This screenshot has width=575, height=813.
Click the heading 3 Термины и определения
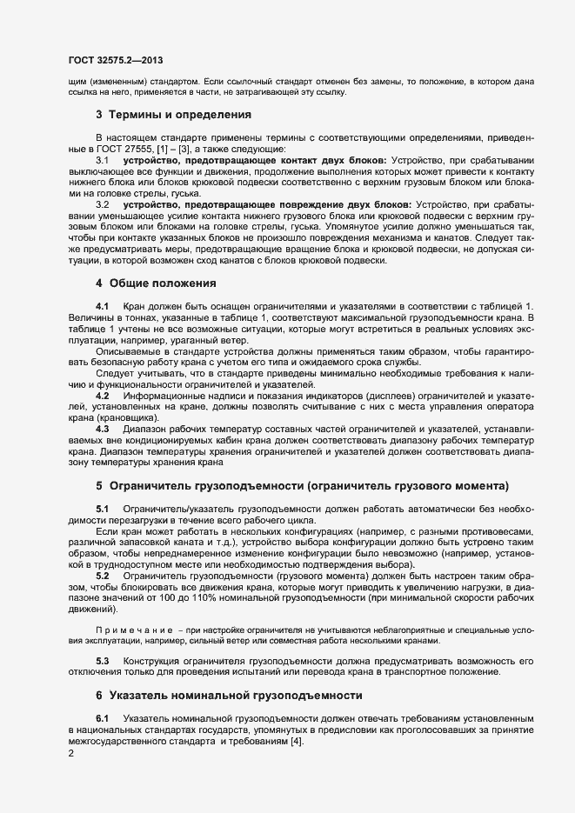[174, 114]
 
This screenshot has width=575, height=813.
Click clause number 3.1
[101, 162]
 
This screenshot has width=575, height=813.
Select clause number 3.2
[101, 204]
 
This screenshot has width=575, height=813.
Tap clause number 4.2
[101, 395]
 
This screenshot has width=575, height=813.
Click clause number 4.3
[101, 429]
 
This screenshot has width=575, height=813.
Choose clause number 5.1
[101, 508]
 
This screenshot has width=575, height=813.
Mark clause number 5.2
[101, 576]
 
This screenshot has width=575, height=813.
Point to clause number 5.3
[101, 661]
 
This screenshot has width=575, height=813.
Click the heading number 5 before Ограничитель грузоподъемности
[99, 485]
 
